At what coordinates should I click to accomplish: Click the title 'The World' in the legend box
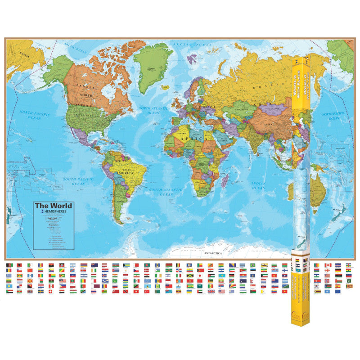54,206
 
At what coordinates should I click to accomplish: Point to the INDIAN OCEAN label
258,185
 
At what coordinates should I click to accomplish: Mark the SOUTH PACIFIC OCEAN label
74,181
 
